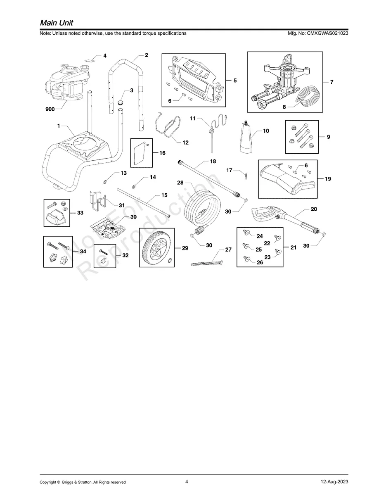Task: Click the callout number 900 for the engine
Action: (50, 109)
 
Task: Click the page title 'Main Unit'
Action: (57, 22)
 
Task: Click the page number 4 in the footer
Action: (187, 481)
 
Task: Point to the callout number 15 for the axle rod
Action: (164, 195)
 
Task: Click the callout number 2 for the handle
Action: (146, 55)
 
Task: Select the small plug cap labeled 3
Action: (121, 102)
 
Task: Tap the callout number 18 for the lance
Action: (213, 162)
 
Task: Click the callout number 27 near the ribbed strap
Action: (228, 250)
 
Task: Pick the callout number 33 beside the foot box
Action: (80, 213)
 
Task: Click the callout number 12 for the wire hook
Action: (185, 143)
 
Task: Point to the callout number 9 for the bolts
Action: (328, 137)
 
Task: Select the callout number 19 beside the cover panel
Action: (328, 179)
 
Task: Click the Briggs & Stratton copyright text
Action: (83, 482)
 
